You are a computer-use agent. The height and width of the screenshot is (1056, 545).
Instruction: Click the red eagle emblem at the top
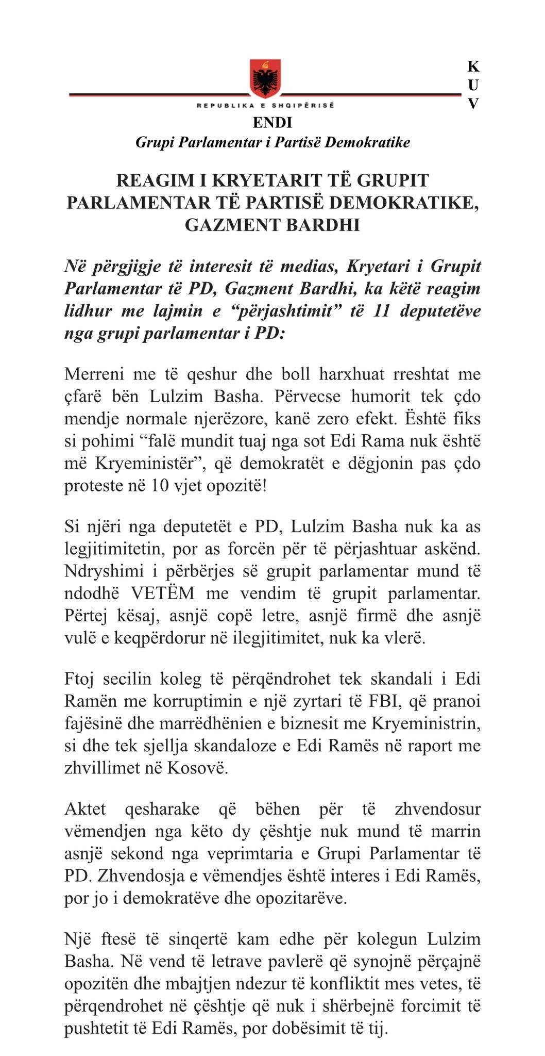coord(266,78)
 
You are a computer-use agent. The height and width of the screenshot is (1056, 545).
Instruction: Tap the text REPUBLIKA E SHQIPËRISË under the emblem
coord(265,105)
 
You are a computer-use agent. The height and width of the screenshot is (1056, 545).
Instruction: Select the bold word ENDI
coord(272,123)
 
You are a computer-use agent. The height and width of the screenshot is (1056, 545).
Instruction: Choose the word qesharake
coord(162,808)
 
